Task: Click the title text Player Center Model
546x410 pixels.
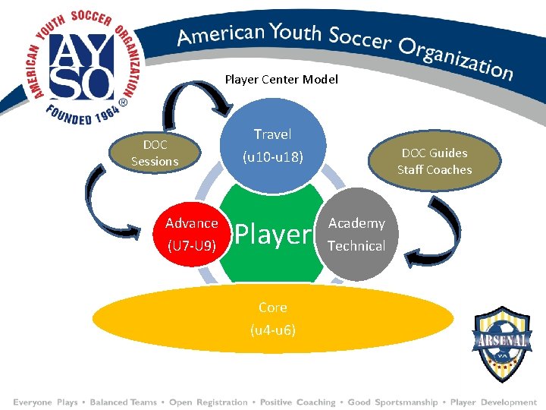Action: point(281,79)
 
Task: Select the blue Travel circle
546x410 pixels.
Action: point(272,145)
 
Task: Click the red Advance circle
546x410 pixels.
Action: point(192,234)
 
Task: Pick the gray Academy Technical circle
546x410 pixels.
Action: point(356,234)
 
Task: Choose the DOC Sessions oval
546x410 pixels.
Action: point(155,153)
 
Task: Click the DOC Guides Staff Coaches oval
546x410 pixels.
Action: point(435,161)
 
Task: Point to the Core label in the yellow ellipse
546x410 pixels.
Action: point(272,307)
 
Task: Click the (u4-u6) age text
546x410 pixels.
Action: point(273,330)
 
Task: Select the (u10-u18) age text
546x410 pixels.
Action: point(272,158)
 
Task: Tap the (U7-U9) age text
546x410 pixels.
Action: point(192,245)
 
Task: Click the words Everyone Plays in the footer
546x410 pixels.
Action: point(45,402)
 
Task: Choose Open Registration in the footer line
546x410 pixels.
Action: point(208,402)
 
